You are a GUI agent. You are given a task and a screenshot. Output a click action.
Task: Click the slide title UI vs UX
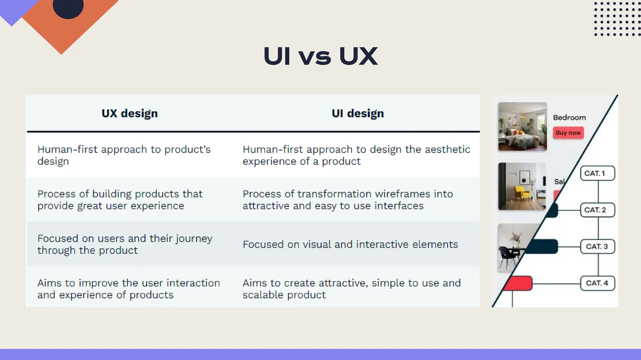pyautogui.click(x=320, y=56)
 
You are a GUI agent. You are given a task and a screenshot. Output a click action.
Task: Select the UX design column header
pyautogui.click(x=130, y=113)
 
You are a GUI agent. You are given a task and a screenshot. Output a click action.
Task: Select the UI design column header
pyautogui.click(x=358, y=113)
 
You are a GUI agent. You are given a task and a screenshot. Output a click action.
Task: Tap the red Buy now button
pyautogui.click(x=568, y=133)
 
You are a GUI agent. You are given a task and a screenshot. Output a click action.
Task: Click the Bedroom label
pyautogui.click(x=569, y=117)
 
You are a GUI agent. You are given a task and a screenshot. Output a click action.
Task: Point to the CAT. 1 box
pyautogui.click(x=597, y=173)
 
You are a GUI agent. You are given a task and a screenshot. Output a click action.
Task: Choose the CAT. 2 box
pyautogui.click(x=597, y=210)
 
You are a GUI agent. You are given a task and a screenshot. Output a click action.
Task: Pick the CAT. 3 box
pyautogui.click(x=597, y=246)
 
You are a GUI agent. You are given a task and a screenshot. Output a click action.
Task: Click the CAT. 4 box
pyautogui.click(x=597, y=283)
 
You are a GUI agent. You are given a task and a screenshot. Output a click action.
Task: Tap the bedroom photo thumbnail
pyautogui.click(x=522, y=127)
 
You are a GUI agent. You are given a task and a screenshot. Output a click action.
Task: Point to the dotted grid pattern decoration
pyautogui.click(x=617, y=19)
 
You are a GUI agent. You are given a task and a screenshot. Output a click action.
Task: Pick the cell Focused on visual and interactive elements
pyautogui.click(x=350, y=244)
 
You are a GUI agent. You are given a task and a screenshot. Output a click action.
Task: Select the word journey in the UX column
pyautogui.click(x=194, y=239)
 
